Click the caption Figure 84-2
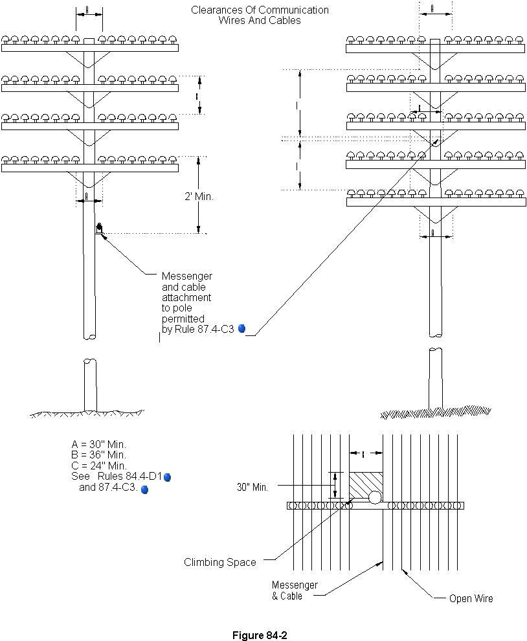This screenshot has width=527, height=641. pos(259,635)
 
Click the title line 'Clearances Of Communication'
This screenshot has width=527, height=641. pos(260,10)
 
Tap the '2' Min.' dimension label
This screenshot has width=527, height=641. pos(198,197)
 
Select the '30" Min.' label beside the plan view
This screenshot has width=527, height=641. pos(252,488)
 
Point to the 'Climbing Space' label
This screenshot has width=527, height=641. pos(219,562)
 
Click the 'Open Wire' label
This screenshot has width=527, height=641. pos(471,598)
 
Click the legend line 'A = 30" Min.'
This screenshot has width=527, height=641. pos(98,444)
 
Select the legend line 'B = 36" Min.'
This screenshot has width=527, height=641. pos(98,455)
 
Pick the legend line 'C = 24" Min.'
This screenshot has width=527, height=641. pos(98,465)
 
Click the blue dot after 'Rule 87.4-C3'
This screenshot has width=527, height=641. pos(242,328)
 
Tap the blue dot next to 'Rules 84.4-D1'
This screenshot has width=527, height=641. pos(167,477)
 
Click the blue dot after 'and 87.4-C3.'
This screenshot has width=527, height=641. pos(144,489)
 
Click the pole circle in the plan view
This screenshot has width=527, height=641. pos(375,498)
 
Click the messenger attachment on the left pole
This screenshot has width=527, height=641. pos(99,228)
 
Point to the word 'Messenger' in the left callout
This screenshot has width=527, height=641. pos(186,276)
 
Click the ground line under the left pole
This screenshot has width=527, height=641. pos(87,413)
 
